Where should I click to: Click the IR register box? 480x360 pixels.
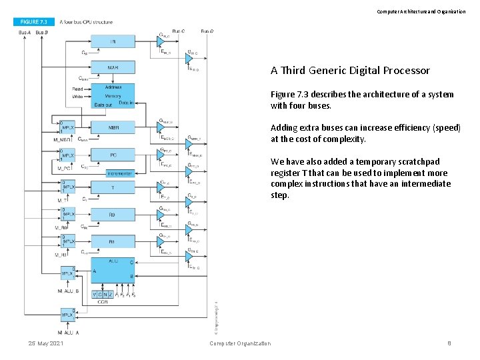point(113,41)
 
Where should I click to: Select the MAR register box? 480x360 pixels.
point(113,67)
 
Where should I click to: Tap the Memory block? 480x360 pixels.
point(113,95)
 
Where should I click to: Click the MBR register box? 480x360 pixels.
point(113,127)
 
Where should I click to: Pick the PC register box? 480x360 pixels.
point(113,155)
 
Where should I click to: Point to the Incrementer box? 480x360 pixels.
point(120,173)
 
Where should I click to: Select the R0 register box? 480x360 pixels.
point(113,215)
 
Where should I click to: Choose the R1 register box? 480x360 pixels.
point(113,241)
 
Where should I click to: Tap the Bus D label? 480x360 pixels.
point(207,31)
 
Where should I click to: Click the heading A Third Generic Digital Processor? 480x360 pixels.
point(350,71)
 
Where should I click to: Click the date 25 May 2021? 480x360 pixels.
point(46,343)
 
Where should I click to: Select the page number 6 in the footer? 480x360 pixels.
point(449,343)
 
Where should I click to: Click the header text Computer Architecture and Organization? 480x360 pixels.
point(421,11)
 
